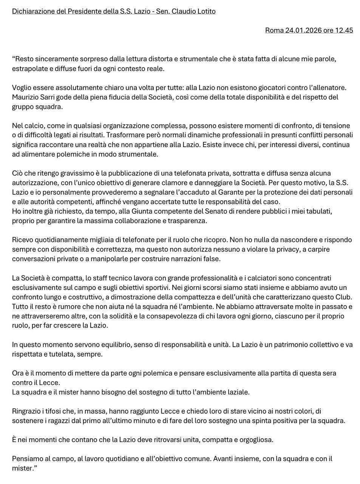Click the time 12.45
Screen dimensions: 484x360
345,30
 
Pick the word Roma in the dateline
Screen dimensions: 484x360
275,30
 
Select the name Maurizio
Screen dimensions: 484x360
26,97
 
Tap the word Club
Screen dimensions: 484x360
343,297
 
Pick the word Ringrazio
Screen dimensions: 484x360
27,411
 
